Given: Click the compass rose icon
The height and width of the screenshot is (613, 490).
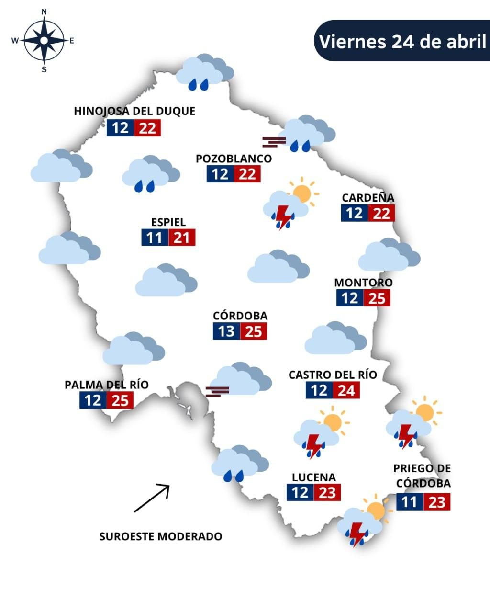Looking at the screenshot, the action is click(44, 41).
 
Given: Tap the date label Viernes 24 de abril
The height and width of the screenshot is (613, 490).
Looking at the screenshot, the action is click(402, 41).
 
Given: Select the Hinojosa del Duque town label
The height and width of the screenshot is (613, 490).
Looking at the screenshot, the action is click(134, 111).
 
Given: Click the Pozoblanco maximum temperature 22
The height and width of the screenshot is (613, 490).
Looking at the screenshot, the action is click(247, 174).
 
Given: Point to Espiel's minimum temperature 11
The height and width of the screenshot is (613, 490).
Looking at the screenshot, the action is click(155, 238).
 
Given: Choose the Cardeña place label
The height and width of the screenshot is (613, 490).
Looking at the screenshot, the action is click(368, 197).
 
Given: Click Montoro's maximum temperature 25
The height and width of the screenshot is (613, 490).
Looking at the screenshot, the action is click(377, 298).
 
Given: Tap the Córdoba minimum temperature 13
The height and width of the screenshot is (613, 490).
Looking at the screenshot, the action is click(226, 331).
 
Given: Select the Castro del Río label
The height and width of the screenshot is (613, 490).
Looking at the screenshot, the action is click(333, 375).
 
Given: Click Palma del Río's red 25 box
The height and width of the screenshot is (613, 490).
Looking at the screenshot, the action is click(120, 400).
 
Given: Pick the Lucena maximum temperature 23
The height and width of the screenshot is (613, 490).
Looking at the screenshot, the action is click(327, 492).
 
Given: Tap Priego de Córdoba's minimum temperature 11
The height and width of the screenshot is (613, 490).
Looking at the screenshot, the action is click(410, 502).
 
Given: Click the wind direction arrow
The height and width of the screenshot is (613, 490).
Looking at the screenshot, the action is click(151, 499).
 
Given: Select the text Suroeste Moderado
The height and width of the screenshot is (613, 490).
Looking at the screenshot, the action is click(161, 536).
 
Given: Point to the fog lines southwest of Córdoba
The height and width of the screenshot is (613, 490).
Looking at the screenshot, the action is click(217, 391).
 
